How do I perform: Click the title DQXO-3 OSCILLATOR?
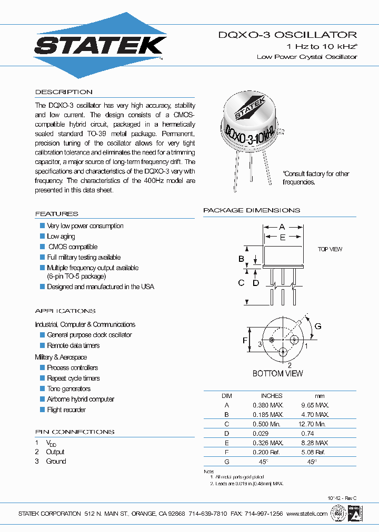pos(287,35)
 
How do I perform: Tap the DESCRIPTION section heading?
pos(64,92)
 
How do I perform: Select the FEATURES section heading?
pos(56,214)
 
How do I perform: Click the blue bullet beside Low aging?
pos(43,236)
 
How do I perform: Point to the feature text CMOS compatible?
pos(73,247)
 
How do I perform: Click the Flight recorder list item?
pos(66,410)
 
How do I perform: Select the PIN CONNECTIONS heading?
pos(74,432)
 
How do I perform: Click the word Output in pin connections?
pos(55,452)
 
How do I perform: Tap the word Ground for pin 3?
pos(56,461)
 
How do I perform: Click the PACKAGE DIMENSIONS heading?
pos(252,210)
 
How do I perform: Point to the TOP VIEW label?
pos(330,249)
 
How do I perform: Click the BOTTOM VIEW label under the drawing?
pos(277,373)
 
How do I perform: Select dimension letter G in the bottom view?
pos(318,326)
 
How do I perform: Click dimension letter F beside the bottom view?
pos(245,341)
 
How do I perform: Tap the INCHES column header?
pos(272,395)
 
